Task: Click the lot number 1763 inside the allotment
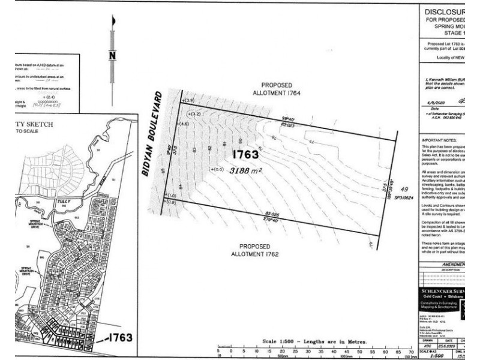pyautogui.click(x=245, y=155)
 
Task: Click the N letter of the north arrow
pyautogui.click(x=112, y=56)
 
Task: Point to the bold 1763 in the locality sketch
pyautogui.click(x=120, y=337)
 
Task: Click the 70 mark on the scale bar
pyautogui.click(x=411, y=351)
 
